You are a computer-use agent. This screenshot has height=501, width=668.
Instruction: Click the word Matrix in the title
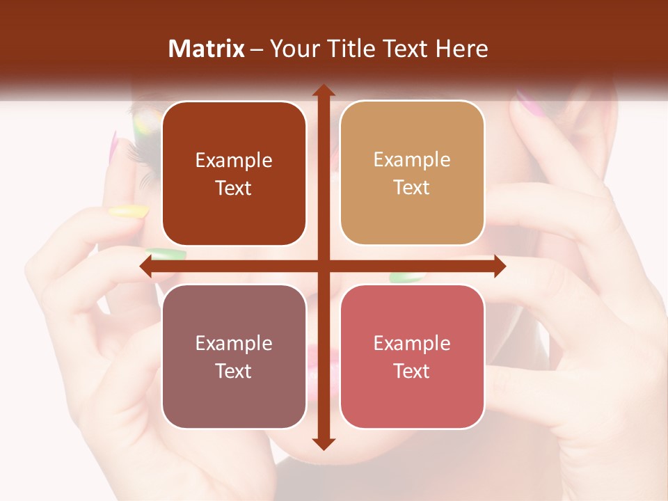point(207,49)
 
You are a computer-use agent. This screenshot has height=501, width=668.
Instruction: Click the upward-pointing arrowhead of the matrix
point(323,90)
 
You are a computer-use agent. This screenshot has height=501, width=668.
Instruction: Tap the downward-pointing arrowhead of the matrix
point(323,443)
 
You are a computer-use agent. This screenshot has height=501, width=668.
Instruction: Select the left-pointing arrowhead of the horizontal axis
point(147,266)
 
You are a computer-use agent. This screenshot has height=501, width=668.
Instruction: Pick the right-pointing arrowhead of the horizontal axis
point(499,266)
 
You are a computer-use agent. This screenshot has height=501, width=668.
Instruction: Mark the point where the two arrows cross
point(323,266)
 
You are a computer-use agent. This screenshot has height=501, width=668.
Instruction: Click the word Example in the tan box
point(412,160)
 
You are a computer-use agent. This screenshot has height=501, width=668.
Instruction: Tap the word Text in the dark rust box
point(234,189)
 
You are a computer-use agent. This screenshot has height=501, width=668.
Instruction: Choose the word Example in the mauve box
point(234,343)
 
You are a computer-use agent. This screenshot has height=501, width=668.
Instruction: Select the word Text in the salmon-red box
point(412,372)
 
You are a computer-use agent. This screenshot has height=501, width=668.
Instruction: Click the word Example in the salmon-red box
point(412,343)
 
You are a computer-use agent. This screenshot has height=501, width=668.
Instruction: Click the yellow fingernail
point(129,210)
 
